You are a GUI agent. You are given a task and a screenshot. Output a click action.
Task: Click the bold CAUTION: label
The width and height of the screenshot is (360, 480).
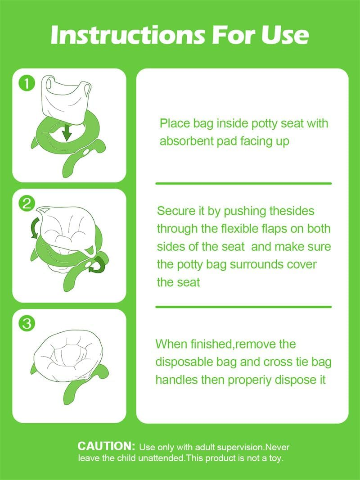click(x=106, y=446)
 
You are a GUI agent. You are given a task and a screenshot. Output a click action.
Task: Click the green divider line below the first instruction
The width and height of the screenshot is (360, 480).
click(x=243, y=183)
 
